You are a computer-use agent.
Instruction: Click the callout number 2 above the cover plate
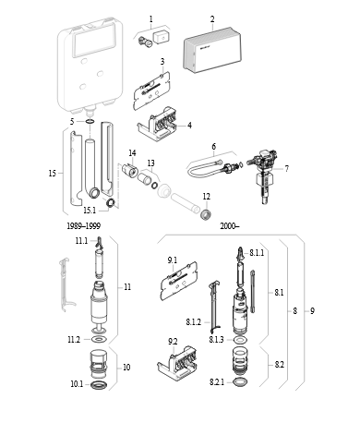(x=212, y=19)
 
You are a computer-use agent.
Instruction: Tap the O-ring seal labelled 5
(x=90, y=122)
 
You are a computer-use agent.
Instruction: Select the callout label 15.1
(x=90, y=211)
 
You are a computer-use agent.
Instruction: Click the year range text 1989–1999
(x=83, y=226)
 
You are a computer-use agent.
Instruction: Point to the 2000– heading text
(x=230, y=226)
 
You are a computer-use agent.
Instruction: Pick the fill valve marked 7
(x=262, y=176)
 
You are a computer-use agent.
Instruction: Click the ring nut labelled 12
(x=206, y=214)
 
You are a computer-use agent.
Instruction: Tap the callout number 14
(x=132, y=153)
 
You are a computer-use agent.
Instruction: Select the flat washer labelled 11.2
(x=99, y=340)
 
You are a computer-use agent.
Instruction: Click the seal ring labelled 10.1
(x=99, y=385)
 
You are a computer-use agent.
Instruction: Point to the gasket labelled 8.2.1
(x=240, y=382)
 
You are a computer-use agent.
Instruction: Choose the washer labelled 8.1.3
(x=240, y=340)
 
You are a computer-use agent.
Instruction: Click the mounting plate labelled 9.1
(x=179, y=281)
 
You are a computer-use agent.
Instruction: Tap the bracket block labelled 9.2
(x=178, y=363)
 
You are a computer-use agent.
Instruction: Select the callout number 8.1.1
(x=257, y=253)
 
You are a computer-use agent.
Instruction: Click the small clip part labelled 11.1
(x=99, y=242)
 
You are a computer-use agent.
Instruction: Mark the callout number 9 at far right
(x=312, y=311)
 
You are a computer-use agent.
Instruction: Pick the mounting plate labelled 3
(x=151, y=91)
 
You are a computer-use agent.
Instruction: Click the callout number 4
(x=190, y=126)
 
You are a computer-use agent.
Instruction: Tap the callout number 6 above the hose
(x=214, y=146)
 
